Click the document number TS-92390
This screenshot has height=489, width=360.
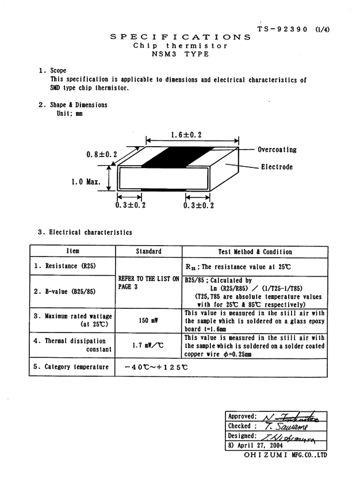click(x=283, y=29)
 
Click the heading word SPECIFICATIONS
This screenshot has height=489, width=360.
click(x=180, y=37)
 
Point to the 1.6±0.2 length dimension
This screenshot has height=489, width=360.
click(x=186, y=135)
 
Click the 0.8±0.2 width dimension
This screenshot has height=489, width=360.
click(x=101, y=154)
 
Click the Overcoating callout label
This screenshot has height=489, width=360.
click(x=277, y=150)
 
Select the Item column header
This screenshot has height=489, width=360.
click(x=72, y=251)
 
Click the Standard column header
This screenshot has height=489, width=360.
click(x=148, y=251)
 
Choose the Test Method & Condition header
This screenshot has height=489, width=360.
click(x=255, y=251)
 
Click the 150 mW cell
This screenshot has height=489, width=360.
click(x=148, y=320)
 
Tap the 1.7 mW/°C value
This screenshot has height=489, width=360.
click(x=148, y=345)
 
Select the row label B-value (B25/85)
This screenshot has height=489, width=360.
click(x=64, y=291)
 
